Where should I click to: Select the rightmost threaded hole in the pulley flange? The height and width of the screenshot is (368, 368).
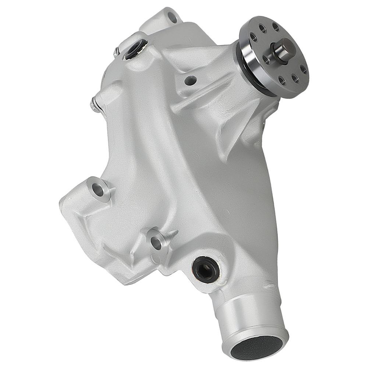[303, 69]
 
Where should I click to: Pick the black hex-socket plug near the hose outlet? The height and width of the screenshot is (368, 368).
[205, 269]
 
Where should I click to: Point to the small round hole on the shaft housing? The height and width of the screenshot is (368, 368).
[190, 80]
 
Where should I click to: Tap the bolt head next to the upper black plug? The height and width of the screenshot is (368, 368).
[117, 52]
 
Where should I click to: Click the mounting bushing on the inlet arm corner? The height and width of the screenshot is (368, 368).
[98, 189]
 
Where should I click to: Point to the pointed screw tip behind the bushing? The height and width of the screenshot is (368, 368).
[173, 233]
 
